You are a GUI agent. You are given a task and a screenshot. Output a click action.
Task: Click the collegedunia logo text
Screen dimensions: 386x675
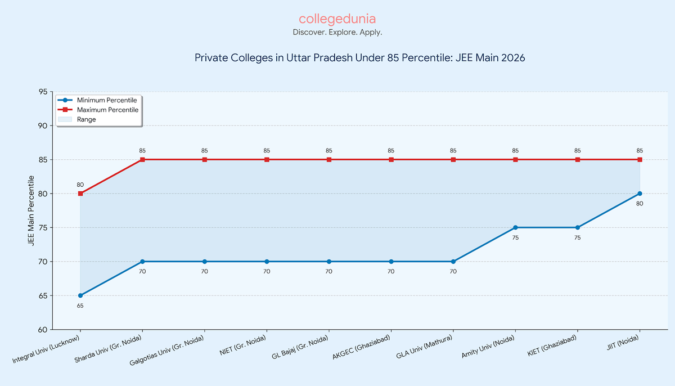337,19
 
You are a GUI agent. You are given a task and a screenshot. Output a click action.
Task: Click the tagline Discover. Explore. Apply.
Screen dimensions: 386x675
337,33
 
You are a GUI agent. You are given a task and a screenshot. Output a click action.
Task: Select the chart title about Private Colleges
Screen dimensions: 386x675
359,58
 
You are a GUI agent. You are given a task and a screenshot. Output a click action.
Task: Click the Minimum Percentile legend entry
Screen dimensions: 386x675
107,100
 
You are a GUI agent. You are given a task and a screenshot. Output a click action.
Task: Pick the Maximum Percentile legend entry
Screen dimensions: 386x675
107,110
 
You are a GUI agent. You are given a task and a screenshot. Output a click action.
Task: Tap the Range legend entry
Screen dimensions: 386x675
87,119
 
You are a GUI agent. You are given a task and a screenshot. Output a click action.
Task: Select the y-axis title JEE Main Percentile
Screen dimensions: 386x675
31,210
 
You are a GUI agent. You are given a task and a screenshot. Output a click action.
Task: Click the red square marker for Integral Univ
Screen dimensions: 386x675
80,194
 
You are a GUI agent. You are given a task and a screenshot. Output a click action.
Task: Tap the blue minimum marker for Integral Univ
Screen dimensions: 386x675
80,295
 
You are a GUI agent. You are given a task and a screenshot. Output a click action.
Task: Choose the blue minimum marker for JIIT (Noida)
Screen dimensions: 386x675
640,194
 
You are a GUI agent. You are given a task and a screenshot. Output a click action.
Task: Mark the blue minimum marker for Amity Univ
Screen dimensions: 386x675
515,228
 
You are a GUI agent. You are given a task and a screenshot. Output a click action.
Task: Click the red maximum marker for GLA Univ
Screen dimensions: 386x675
453,160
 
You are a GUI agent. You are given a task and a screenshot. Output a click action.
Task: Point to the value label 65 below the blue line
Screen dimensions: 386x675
80,306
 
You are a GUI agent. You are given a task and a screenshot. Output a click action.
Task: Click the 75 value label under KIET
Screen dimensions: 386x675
577,238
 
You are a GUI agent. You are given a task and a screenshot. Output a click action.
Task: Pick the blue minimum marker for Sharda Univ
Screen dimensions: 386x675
142,262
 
